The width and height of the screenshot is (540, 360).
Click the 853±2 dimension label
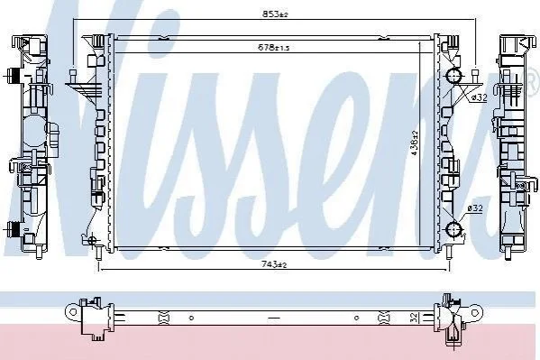coord(275,14)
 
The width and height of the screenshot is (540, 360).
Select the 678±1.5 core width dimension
coord(274,47)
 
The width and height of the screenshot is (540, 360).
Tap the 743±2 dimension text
coord(274,264)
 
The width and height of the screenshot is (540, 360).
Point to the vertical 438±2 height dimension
coord(415,143)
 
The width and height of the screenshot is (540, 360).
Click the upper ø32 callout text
coord(479,97)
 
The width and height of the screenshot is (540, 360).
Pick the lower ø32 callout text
coord(475,208)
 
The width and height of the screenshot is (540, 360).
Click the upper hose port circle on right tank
coord(453,76)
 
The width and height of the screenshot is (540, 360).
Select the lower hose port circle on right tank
coord(454,229)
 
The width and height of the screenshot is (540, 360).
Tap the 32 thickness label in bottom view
coord(415,318)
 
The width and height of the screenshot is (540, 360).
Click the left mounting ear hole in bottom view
coord(73,312)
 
